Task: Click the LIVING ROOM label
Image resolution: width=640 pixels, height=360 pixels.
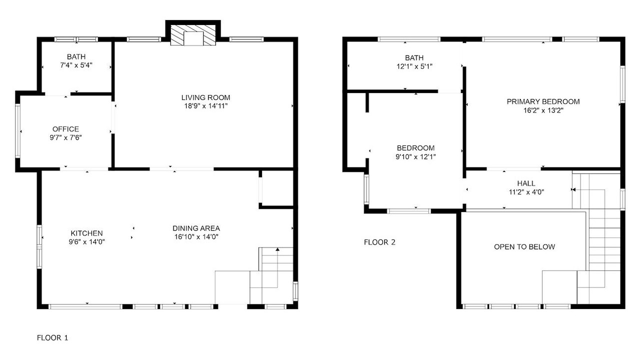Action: pos(205,97)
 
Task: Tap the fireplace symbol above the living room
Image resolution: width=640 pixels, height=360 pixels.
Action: pos(193,35)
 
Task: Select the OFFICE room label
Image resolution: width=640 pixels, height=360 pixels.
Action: pos(65,129)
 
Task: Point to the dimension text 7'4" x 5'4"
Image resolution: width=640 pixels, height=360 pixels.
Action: pos(76,65)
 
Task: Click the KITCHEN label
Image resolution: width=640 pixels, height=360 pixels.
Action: pos(86,233)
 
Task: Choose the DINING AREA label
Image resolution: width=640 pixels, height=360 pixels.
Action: pos(196,228)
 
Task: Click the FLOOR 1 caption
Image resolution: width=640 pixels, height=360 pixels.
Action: pos(52,337)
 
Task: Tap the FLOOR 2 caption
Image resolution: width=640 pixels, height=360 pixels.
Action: pos(379,242)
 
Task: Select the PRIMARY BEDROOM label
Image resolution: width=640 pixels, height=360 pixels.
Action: pos(543,101)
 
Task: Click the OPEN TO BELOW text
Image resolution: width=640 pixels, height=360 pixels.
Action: pos(524,247)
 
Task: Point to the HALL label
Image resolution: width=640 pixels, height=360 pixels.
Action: pos(526,183)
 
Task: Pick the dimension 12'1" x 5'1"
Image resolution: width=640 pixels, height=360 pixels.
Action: pos(414,66)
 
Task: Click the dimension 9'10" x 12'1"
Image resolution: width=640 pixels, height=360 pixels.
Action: pos(415,156)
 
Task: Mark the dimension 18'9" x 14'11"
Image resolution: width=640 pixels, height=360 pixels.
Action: pos(205,106)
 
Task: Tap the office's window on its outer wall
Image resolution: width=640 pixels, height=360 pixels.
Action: pos(17,130)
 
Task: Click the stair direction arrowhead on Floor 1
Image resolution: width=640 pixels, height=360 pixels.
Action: pos(277,249)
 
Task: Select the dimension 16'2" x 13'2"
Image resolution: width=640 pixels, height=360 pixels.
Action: pos(543,110)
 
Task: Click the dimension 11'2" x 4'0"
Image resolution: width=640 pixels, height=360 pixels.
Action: pos(526,192)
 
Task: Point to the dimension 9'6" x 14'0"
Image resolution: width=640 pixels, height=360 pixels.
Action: pos(86,242)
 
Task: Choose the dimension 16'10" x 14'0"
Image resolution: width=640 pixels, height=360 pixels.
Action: pos(196,237)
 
